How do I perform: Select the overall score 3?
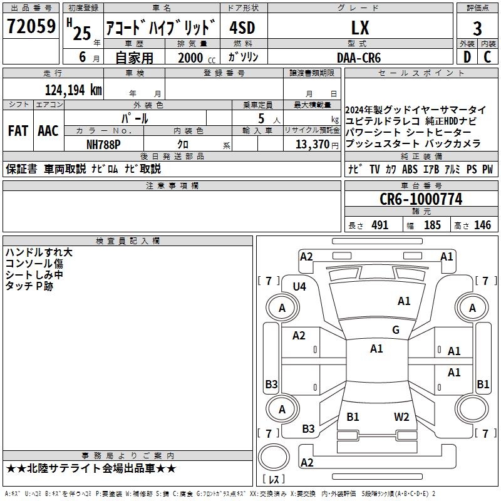click(477, 28)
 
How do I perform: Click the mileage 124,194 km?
click(73, 90)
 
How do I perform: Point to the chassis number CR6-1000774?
click(421, 199)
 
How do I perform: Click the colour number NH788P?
click(103, 144)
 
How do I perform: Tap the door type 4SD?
click(242, 28)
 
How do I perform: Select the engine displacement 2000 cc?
click(195, 58)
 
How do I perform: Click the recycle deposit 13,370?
click(311, 144)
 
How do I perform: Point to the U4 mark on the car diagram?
click(299, 286)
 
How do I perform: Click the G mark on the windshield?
click(396, 330)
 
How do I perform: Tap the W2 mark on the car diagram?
click(401, 416)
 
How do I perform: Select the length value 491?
click(380, 225)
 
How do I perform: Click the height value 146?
click(482, 225)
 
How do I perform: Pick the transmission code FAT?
click(18, 131)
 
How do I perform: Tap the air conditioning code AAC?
click(48, 131)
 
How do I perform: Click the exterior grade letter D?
click(467, 58)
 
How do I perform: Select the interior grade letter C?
click(488, 58)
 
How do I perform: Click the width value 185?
click(432, 225)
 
